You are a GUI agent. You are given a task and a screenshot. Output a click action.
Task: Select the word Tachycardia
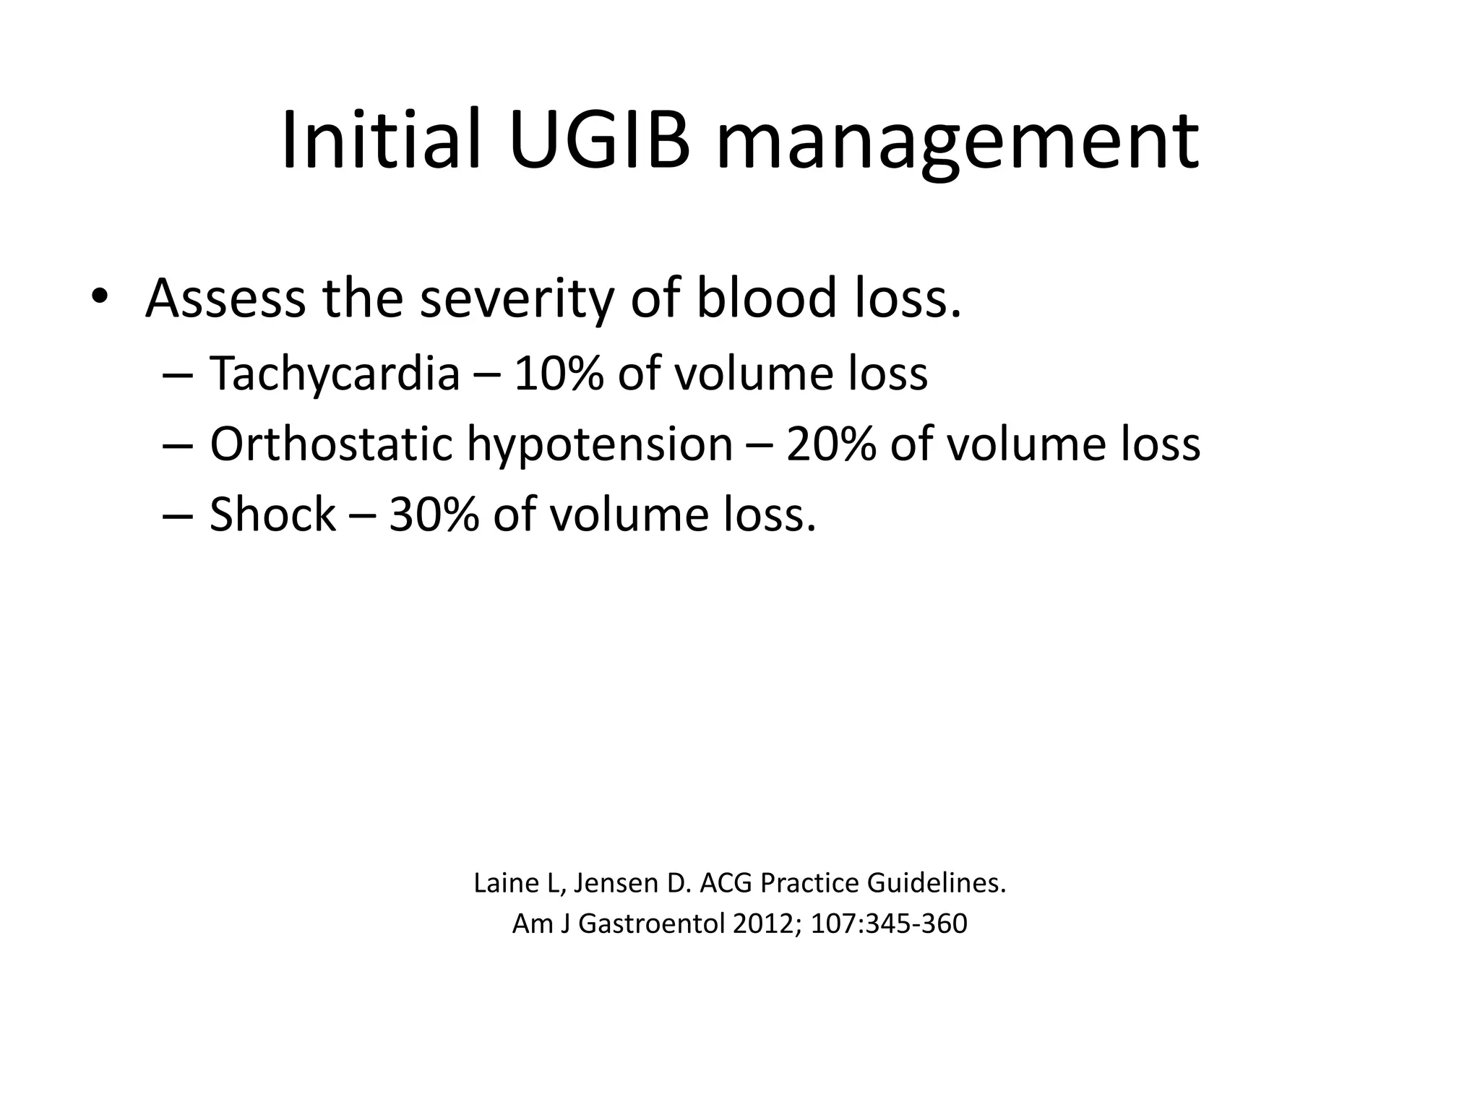click(x=335, y=374)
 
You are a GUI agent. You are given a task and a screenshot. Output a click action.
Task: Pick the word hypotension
click(x=600, y=445)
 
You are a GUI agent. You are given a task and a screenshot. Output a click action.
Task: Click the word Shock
click(x=272, y=515)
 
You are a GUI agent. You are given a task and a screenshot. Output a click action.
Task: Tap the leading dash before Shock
click(x=178, y=516)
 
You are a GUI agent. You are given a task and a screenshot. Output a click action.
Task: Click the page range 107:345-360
click(x=889, y=924)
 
